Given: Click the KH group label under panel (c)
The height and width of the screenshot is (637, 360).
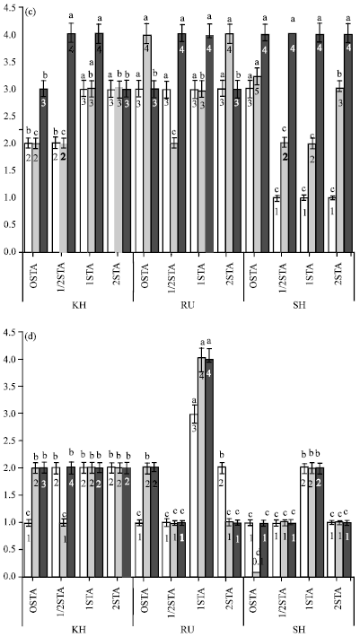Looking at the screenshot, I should click(78, 304).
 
